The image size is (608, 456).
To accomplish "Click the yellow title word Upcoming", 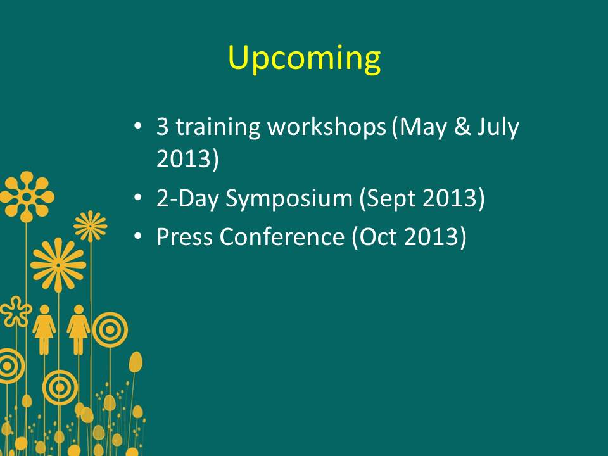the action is (305, 58).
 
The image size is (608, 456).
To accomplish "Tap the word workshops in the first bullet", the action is (327, 127).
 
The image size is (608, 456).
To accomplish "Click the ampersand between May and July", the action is (462, 127).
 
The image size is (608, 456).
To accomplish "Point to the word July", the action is (498, 127).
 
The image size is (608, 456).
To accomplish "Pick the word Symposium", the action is (289, 198).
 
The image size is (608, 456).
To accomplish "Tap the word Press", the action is (184, 236).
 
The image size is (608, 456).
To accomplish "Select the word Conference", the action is (282, 236).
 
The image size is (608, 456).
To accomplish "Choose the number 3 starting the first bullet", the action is (163, 127).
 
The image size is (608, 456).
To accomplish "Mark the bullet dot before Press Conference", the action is (137, 236).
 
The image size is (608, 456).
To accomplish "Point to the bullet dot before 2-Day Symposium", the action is (137, 198).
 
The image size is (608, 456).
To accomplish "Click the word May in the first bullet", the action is (422, 127).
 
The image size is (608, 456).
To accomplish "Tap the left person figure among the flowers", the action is (44, 329).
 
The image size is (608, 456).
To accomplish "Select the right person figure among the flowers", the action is (79, 329).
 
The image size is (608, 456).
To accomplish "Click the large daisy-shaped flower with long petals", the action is (58, 265).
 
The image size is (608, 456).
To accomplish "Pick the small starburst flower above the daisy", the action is (91, 226).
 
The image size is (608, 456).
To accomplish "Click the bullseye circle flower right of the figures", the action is (110, 329).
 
